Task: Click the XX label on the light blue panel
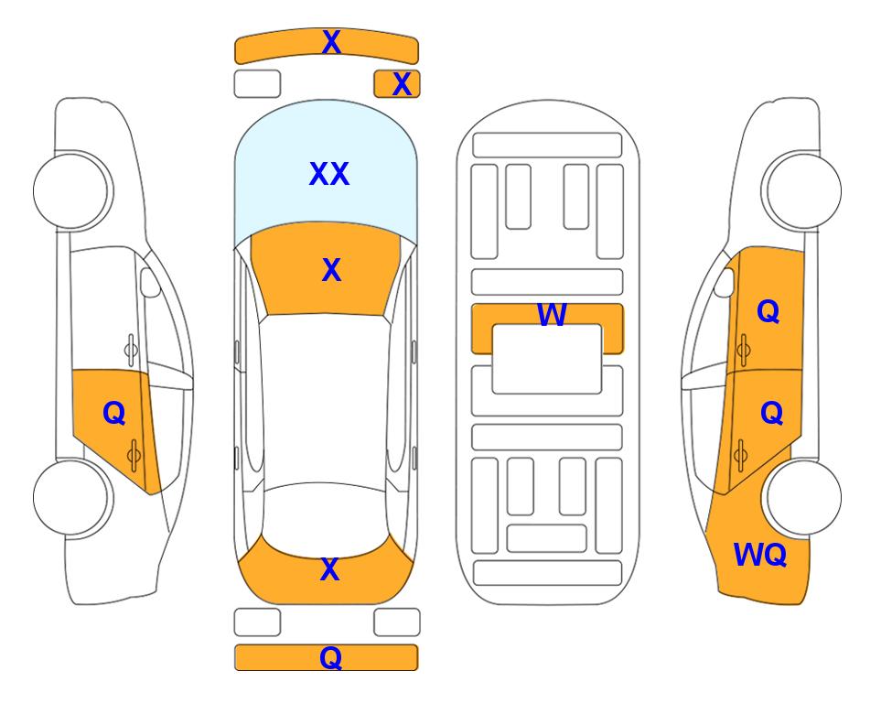(329, 174)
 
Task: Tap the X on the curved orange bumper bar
(331, 42)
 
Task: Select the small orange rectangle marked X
(397, 84)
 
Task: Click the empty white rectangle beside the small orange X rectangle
(257, 84)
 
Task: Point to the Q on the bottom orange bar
(330, 657)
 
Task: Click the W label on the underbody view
(552, 314)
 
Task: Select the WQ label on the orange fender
(760, 555)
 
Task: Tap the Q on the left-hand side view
(114, 414)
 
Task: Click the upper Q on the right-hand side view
(768, 311)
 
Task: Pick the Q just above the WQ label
(771, 414)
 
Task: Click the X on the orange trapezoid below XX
(331, 270)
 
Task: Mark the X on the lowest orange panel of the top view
(330, 569)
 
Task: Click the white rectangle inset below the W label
(547, 359)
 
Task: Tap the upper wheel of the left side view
(72, 190)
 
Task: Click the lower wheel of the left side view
(72, 498)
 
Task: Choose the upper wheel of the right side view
(801, 190)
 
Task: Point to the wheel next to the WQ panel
(801, 498)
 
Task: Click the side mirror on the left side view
(149, 282)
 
